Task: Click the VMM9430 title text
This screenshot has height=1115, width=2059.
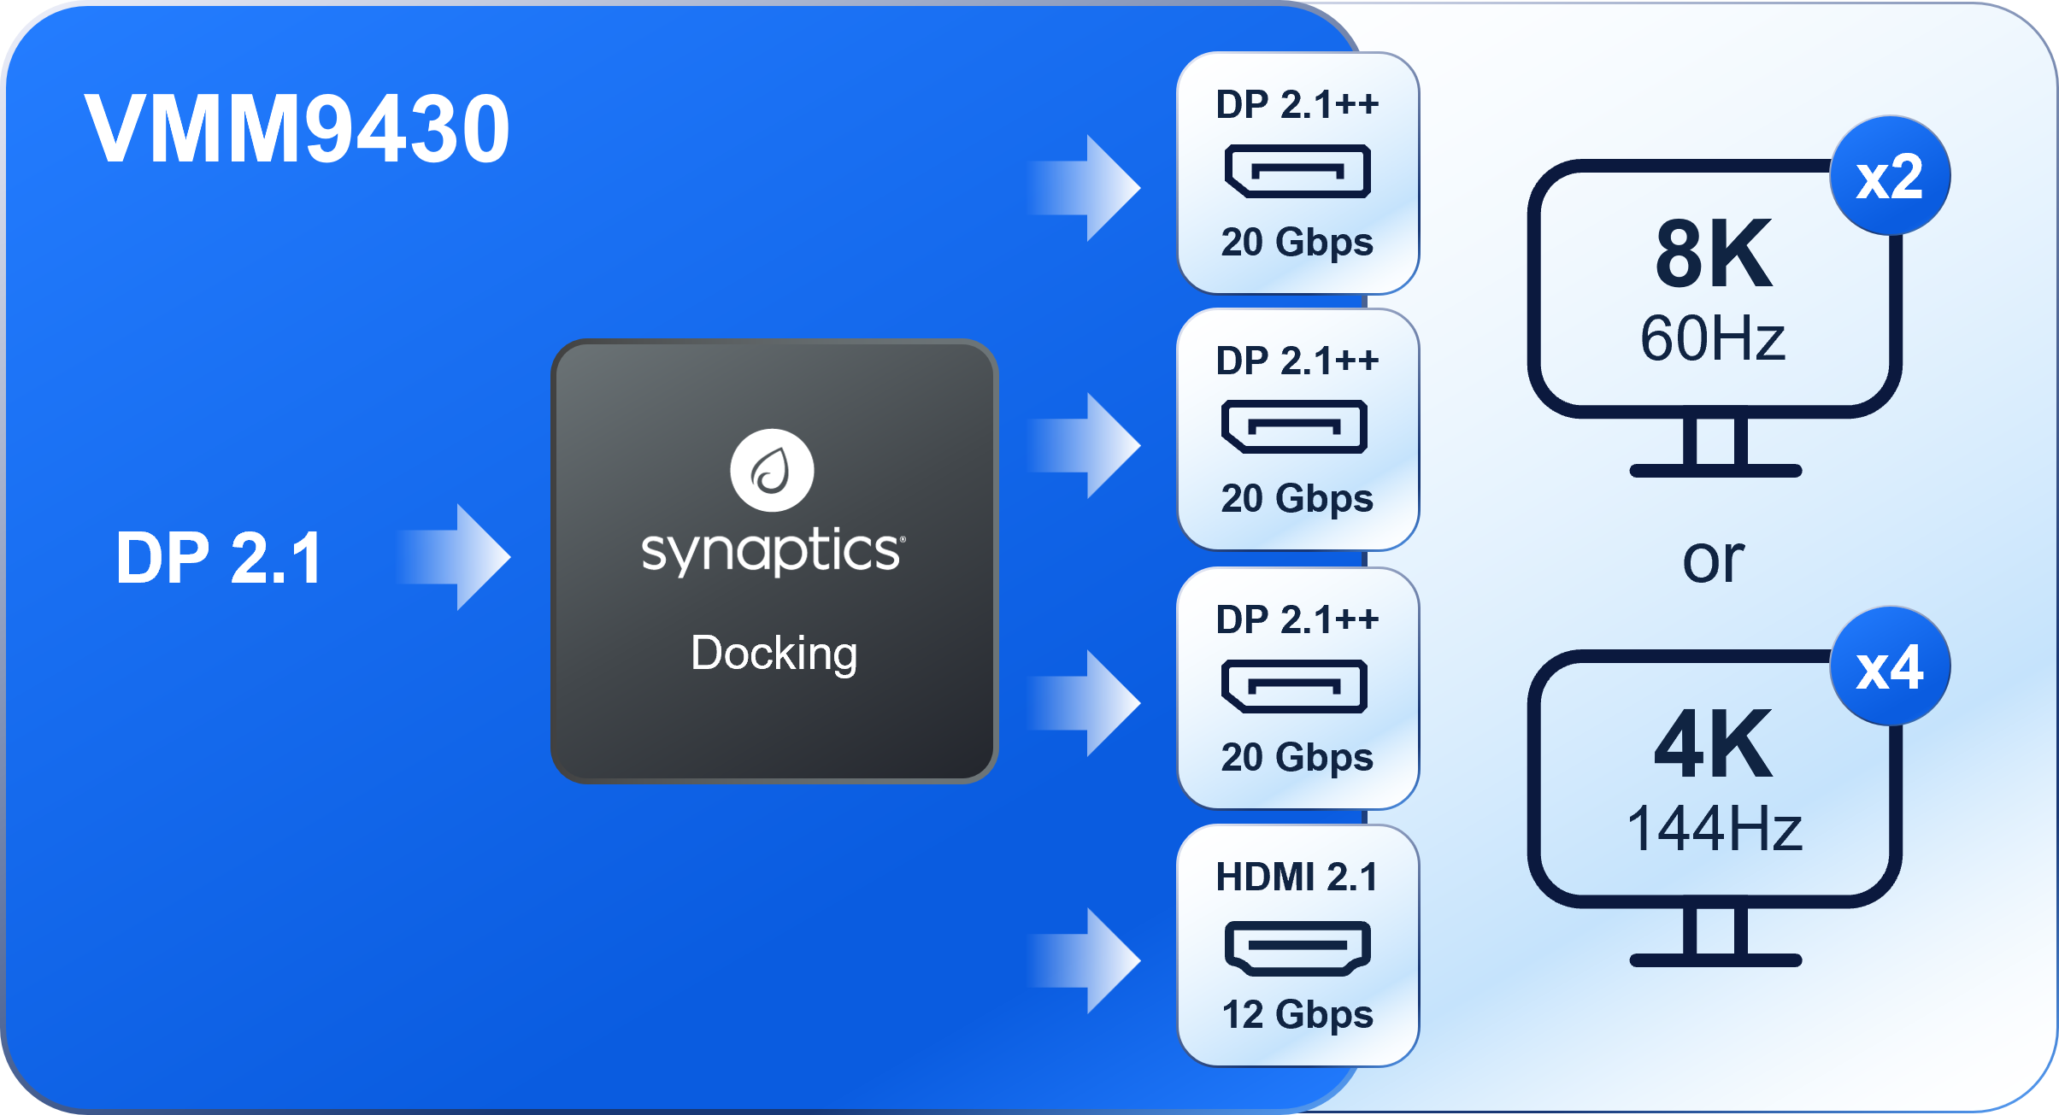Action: [297, 128]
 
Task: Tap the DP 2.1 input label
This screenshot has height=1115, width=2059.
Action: [219, 558]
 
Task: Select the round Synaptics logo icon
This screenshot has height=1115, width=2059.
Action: [772, 470]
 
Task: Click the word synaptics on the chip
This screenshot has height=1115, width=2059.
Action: [772, 550]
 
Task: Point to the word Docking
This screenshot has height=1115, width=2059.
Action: [774, 654]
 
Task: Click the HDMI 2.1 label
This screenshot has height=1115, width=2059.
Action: [1297, 877]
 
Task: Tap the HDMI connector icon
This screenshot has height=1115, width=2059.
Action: [1297, 948]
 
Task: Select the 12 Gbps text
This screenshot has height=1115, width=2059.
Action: [1297, 1015]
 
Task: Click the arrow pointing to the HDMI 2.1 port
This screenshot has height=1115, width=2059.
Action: [1090, 960]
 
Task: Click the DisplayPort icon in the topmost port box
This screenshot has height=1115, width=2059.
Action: [1297, 172]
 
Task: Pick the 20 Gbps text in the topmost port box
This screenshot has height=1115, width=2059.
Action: [1297, 243]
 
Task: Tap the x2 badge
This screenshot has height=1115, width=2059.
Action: [1890, 177]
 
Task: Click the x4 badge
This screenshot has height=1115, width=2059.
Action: [1890, 667]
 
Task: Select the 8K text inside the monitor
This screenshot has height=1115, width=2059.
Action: [1714, 254]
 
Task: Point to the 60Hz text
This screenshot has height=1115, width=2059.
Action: [1713, 338]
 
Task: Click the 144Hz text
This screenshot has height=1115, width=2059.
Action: [1714, 829]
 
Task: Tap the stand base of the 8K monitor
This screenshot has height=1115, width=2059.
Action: [1715, 471]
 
